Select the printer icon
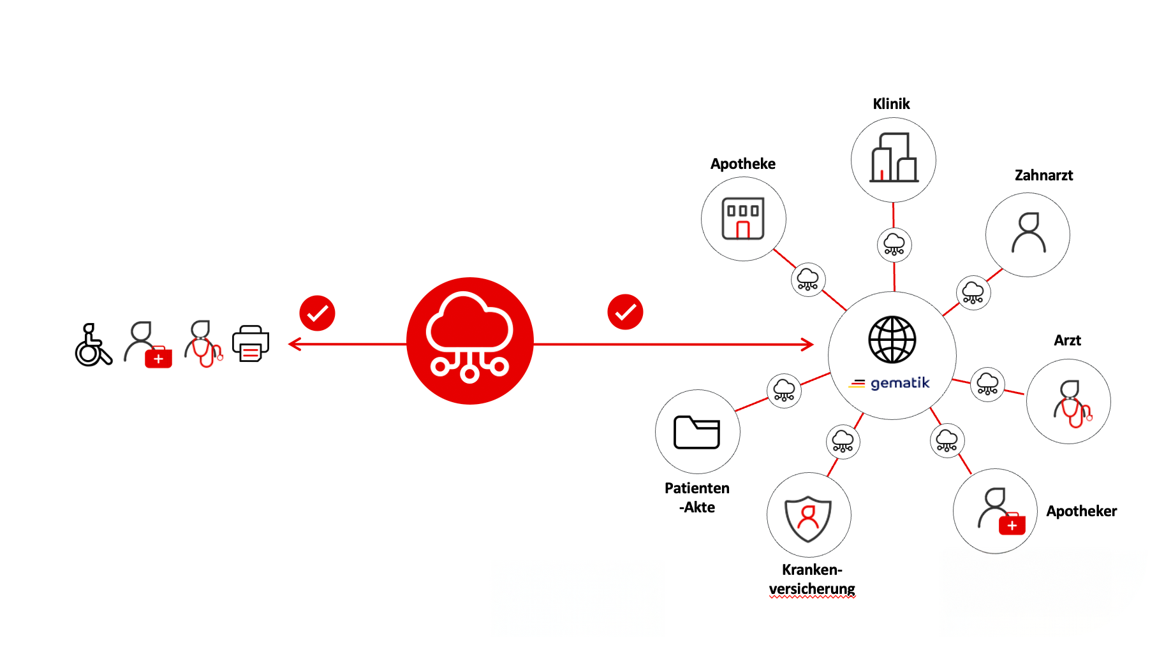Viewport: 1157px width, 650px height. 251,344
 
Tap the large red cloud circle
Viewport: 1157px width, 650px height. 470,341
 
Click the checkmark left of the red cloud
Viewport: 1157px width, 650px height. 317,313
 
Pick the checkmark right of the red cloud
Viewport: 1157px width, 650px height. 625,312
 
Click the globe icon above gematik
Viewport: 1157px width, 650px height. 892,340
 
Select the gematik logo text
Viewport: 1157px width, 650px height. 899,383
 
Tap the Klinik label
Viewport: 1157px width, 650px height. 891,104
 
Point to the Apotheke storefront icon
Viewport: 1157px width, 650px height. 743,219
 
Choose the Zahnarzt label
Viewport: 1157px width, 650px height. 1043,175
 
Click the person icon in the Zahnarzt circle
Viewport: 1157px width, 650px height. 1028,233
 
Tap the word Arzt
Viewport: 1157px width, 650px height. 1067,340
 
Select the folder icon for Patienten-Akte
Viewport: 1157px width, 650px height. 696,432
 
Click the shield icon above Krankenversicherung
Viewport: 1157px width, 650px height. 808,517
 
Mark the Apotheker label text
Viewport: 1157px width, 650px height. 1081,511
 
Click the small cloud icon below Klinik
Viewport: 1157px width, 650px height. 894,244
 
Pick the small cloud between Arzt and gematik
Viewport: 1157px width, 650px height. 987,384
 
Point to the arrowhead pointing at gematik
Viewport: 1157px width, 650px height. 808,345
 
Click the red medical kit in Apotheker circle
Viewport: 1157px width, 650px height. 1012,524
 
